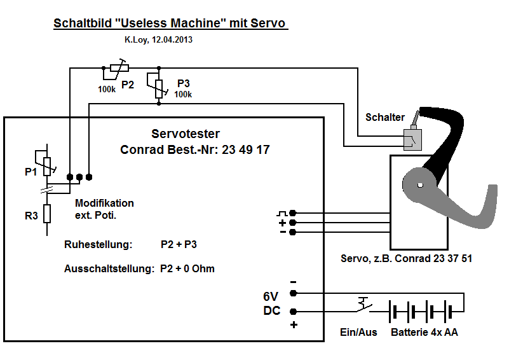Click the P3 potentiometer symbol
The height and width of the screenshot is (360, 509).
(x=158, y=85)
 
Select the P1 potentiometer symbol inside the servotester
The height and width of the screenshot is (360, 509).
(x=46, y=163)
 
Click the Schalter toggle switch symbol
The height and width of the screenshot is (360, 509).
(x=411, y=138)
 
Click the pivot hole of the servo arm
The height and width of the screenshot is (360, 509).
(x=420, y=186)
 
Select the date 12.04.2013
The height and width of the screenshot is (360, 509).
(x=170, y=39)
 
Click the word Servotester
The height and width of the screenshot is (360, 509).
(x=186, y=134)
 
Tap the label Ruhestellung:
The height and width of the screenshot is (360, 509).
(x=98, y=244)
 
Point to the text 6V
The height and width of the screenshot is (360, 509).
(x=271, y=296)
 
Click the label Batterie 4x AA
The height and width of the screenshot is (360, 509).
(x=424, y=333)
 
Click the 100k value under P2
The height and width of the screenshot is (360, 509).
(x=107, y=90)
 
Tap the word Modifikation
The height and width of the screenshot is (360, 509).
(x=105, y=204)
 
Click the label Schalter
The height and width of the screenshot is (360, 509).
(x=385, y=118)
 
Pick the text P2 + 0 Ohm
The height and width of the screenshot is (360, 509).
(x=187, y=268)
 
